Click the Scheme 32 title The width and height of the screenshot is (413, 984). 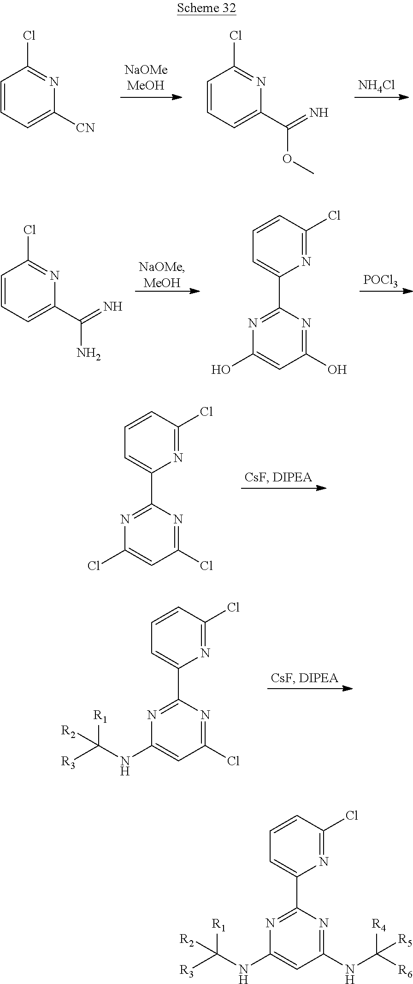(206, 8)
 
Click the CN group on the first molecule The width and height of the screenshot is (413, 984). (85, 127)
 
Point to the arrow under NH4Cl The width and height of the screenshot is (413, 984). (381, 97)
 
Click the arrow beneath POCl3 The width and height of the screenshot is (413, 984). (385, 291)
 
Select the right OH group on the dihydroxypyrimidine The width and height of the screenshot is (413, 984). (336, 369)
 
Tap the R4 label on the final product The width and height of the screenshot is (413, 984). (379, 911)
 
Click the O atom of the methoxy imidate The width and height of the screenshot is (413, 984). (287, 158)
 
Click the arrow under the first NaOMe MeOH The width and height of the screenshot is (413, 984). (151, 97)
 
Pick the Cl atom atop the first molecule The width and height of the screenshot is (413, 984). (29, 36)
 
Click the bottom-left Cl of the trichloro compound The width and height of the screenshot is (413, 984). (94, 565)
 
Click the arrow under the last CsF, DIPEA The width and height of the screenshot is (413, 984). (310, 689)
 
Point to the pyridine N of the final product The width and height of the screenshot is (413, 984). (323, 861)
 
